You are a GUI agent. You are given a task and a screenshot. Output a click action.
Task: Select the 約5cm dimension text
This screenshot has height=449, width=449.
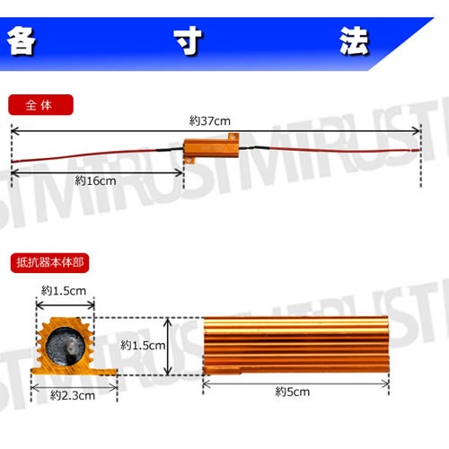(293, 392)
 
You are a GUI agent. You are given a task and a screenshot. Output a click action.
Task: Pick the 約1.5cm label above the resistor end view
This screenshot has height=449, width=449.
(63, 290)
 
